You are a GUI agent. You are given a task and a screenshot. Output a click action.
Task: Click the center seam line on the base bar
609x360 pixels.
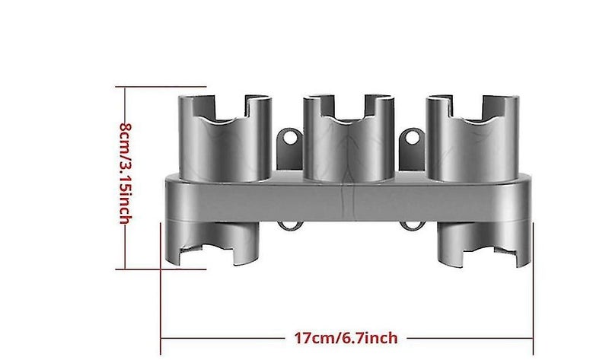coord(352,199)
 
